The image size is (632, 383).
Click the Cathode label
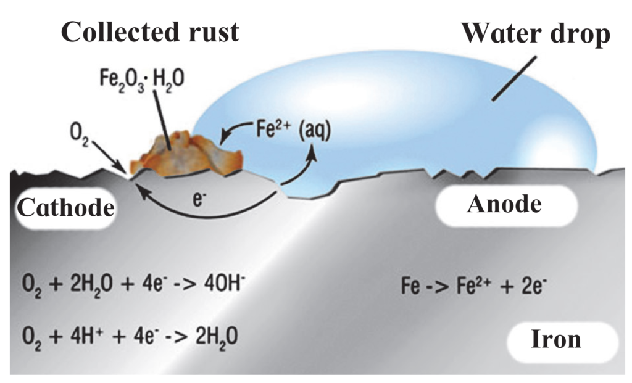click(65, 208)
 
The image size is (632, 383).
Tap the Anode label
click(504, 204)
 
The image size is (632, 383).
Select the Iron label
click(556, 339)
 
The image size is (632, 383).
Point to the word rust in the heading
click(214, 32)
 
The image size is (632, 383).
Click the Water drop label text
click(536, 33)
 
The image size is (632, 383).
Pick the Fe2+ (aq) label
click(293, 131)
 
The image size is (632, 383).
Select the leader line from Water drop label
click(514, 78)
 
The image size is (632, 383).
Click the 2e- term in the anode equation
click(534, 286)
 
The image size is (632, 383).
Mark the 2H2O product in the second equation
click(217, 337)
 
